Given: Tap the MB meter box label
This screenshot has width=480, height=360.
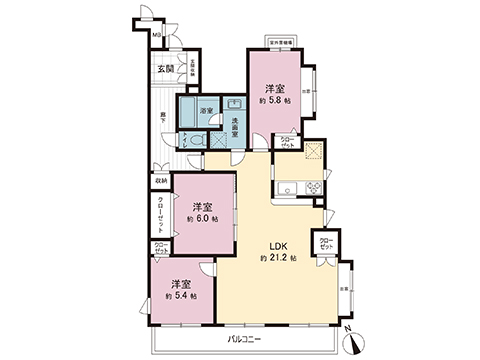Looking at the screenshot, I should coord(157,37).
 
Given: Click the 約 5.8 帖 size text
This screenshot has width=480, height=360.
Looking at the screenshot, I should coord(272,101).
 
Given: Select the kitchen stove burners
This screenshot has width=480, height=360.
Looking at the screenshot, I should coord(313,187).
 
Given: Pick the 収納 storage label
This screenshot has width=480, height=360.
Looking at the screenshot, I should coord(161,181).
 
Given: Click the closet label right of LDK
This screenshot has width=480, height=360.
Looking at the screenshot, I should coord(325,243).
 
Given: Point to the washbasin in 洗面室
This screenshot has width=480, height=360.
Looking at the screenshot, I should coord(234,103).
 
